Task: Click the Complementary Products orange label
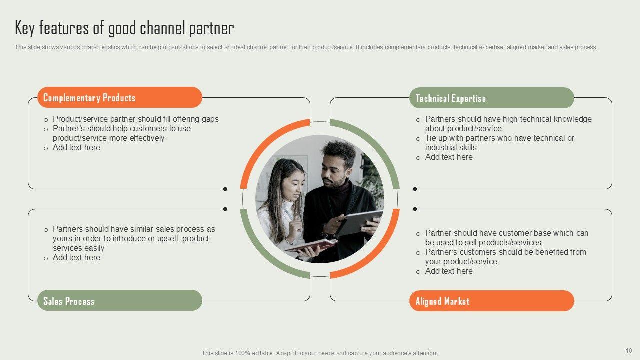coord(120,97)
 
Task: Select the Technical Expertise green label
coord(491,98)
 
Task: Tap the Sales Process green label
coord(120,301)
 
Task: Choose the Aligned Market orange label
coord(491,301)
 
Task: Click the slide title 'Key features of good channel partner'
coord(124,28)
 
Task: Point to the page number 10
coord(629,350)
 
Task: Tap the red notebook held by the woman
coord(311,245)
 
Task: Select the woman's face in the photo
coord(292,184)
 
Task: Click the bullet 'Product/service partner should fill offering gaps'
coord(135,119)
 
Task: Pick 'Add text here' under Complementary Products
coord(76,147)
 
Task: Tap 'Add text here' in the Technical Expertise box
coord(449,157)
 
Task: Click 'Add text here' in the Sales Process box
coord(76,257)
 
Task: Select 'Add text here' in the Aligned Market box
coord(449,271)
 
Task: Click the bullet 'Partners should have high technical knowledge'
coord(508,119)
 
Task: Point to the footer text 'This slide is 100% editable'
coord(319,353)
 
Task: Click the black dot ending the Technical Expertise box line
coord(415,189)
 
